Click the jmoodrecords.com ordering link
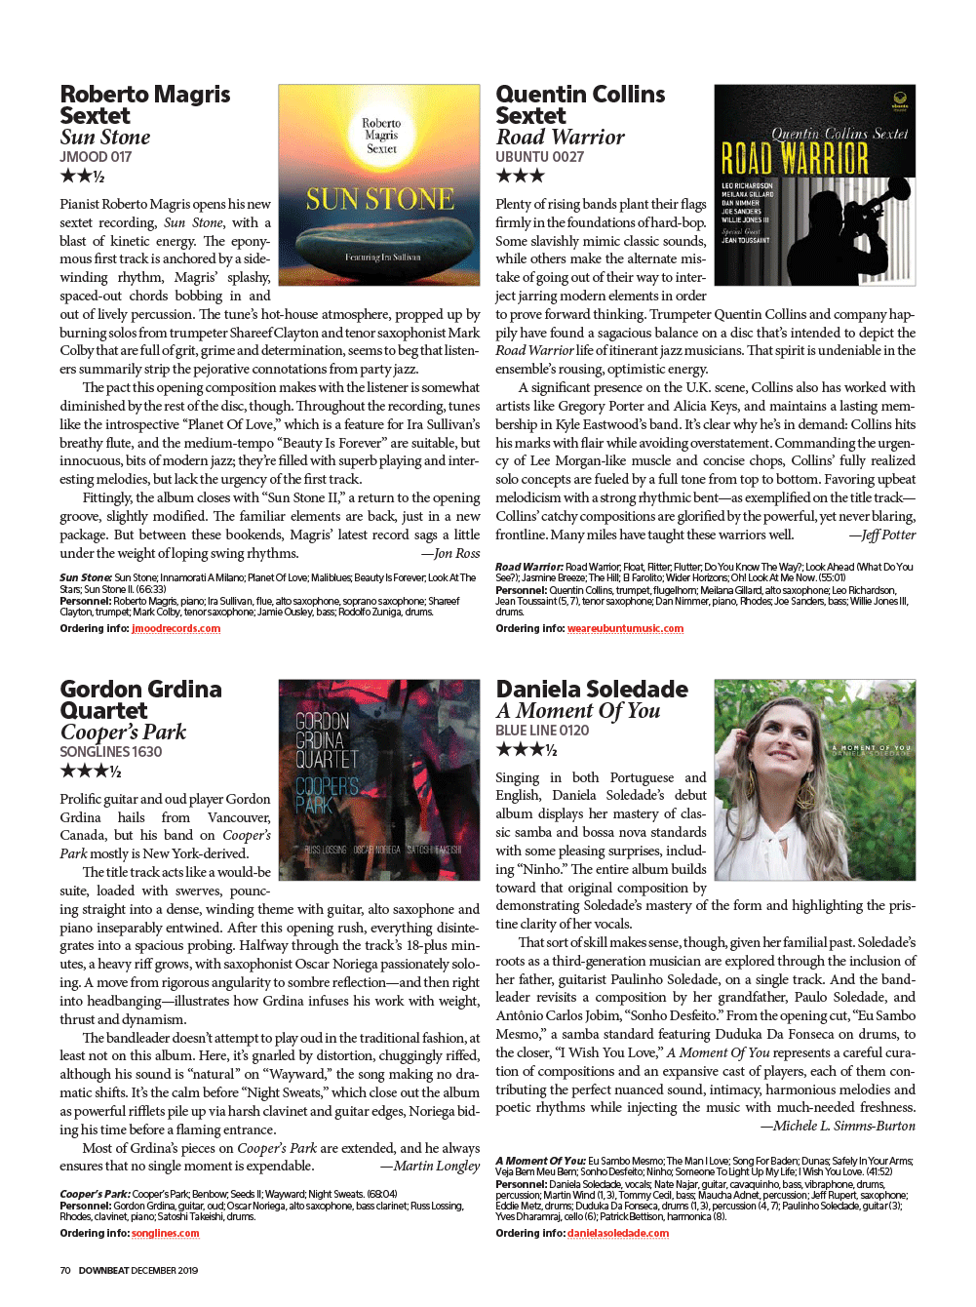coord(176,629)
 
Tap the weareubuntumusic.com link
coord(625,629)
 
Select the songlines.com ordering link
coord(165,1234)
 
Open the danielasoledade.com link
coord(618,1234)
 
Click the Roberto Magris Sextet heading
coord(144,105)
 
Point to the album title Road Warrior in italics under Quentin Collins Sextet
coord(560,138)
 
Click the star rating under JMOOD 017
coord(82,177)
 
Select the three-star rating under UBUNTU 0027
coord(520,177)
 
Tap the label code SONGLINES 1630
coord(110,752)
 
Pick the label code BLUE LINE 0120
coord(542,731)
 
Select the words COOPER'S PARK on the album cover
coord(327,795)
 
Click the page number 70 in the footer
coord(65,1271)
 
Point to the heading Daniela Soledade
coord(592,690)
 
